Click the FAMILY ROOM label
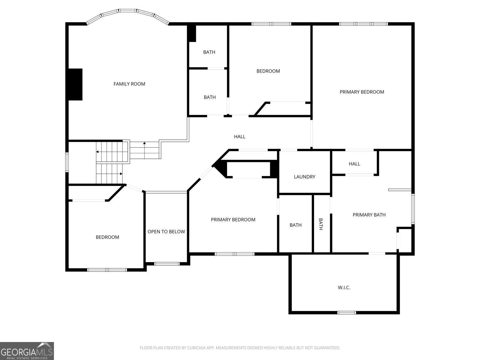129,84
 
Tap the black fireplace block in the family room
75,84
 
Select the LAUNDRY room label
304,177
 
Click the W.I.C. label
344,288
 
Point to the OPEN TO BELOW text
166,232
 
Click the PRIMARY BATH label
369,215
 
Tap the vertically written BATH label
321,224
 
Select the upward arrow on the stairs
144,143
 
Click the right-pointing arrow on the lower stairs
121,174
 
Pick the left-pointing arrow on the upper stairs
97,152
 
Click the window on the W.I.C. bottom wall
346,313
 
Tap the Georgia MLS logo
27,351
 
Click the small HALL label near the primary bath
354,164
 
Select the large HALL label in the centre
240,137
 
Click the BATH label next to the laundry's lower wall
295,225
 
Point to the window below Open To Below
167,264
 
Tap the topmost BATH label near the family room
209,52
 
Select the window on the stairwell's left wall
67,162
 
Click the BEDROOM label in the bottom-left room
107,237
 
